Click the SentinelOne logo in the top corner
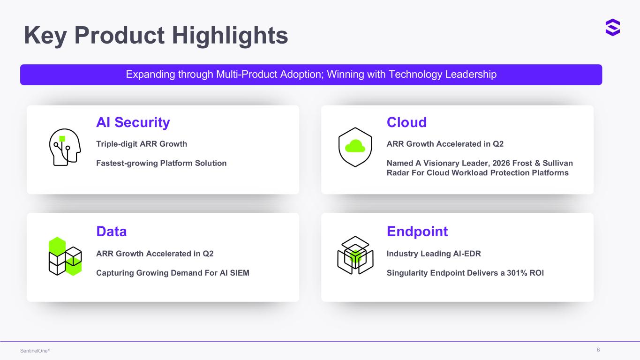click(x=612, y=28)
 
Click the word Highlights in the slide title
click(x=230, y=36)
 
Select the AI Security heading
click(x=133, y=122)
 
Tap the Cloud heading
click(x=407, y=122)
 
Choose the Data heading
click(x=112, y=232)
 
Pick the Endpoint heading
click(x=417, y=232)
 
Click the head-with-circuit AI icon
click(x=65, y=147)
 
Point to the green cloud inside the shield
click(x=355, y=146)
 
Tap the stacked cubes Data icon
click(x=65, y=256)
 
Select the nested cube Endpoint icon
click(x=355, y=255)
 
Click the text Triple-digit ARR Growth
click(x=142, y=144)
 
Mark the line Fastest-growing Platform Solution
click(x=161, y=163)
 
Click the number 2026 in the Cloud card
click(x=501, y=163)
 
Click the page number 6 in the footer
click(x=598, y=350)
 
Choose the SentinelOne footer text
click(x=35, y=351)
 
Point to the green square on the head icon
click(x=62, y=139)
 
